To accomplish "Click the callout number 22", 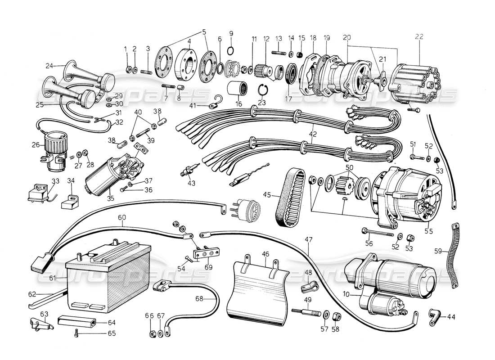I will click(419, 37).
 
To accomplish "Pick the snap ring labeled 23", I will click(263, 90).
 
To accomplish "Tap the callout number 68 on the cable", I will click(199, 298).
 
